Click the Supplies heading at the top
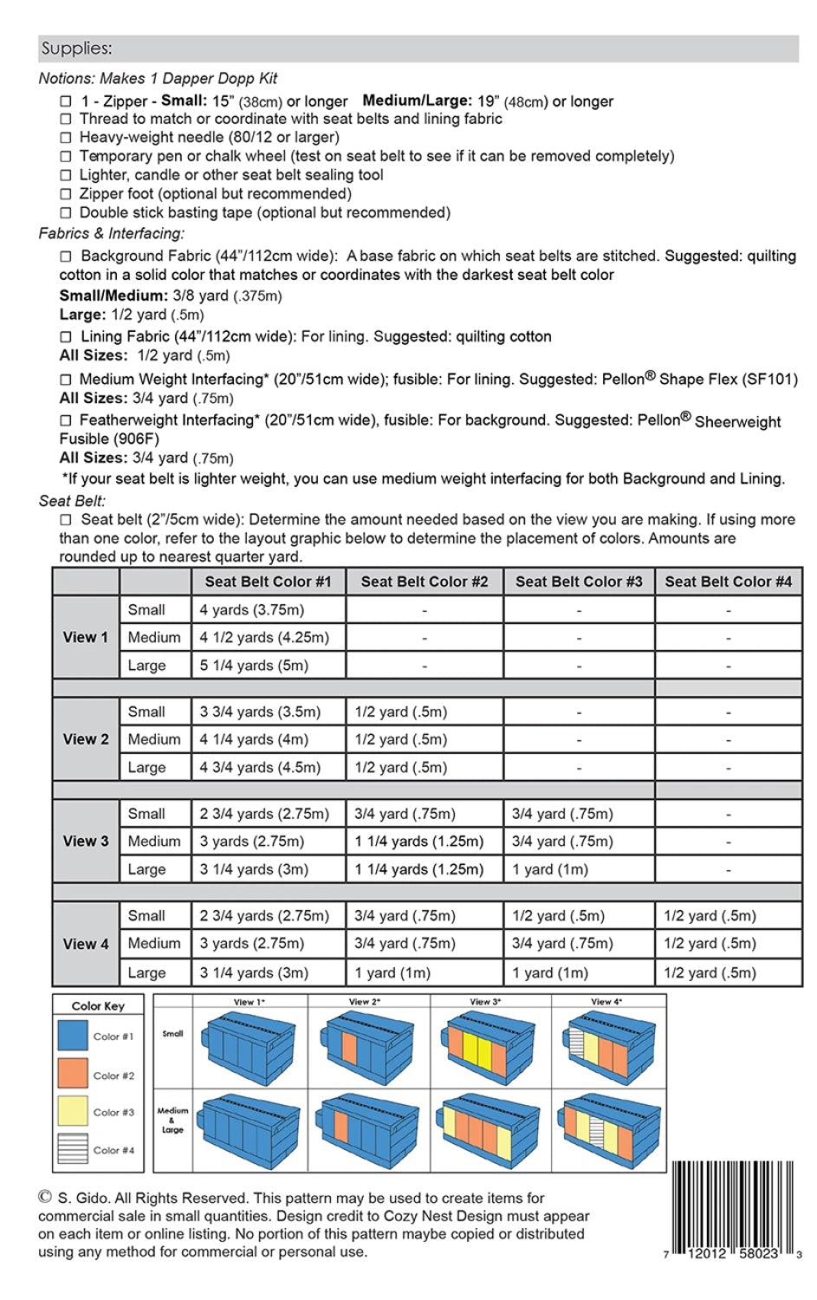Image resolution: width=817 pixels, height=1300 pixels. tap(76, 49)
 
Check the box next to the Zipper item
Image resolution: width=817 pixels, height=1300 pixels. tap(66, 101)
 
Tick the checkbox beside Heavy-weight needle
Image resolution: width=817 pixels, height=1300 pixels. tap(66, 138)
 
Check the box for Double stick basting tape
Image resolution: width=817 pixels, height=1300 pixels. tap(66, 213)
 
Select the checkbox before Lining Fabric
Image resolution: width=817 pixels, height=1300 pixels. tap(66, 337)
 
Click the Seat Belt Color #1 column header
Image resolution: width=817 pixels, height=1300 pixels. tap(268, 582)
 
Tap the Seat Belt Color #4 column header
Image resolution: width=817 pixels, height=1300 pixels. tap(728, 582)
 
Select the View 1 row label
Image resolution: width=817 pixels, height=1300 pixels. tap(86, 637)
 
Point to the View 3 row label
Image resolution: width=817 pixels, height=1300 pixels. tap(86, 841)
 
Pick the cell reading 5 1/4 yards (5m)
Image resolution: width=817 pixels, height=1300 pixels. tap(254, 666)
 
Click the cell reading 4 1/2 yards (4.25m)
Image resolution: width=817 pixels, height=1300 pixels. tap(264, 637)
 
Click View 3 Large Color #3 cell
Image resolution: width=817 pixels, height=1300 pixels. tap(550, 869)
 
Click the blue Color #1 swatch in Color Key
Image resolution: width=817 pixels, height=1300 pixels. tap(73, 1036)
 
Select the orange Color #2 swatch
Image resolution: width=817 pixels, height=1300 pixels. tap(73, 1074)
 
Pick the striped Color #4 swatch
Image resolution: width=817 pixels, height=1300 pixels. tap(73, 1149)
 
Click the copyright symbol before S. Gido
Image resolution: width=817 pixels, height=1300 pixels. tap(45, 1197)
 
